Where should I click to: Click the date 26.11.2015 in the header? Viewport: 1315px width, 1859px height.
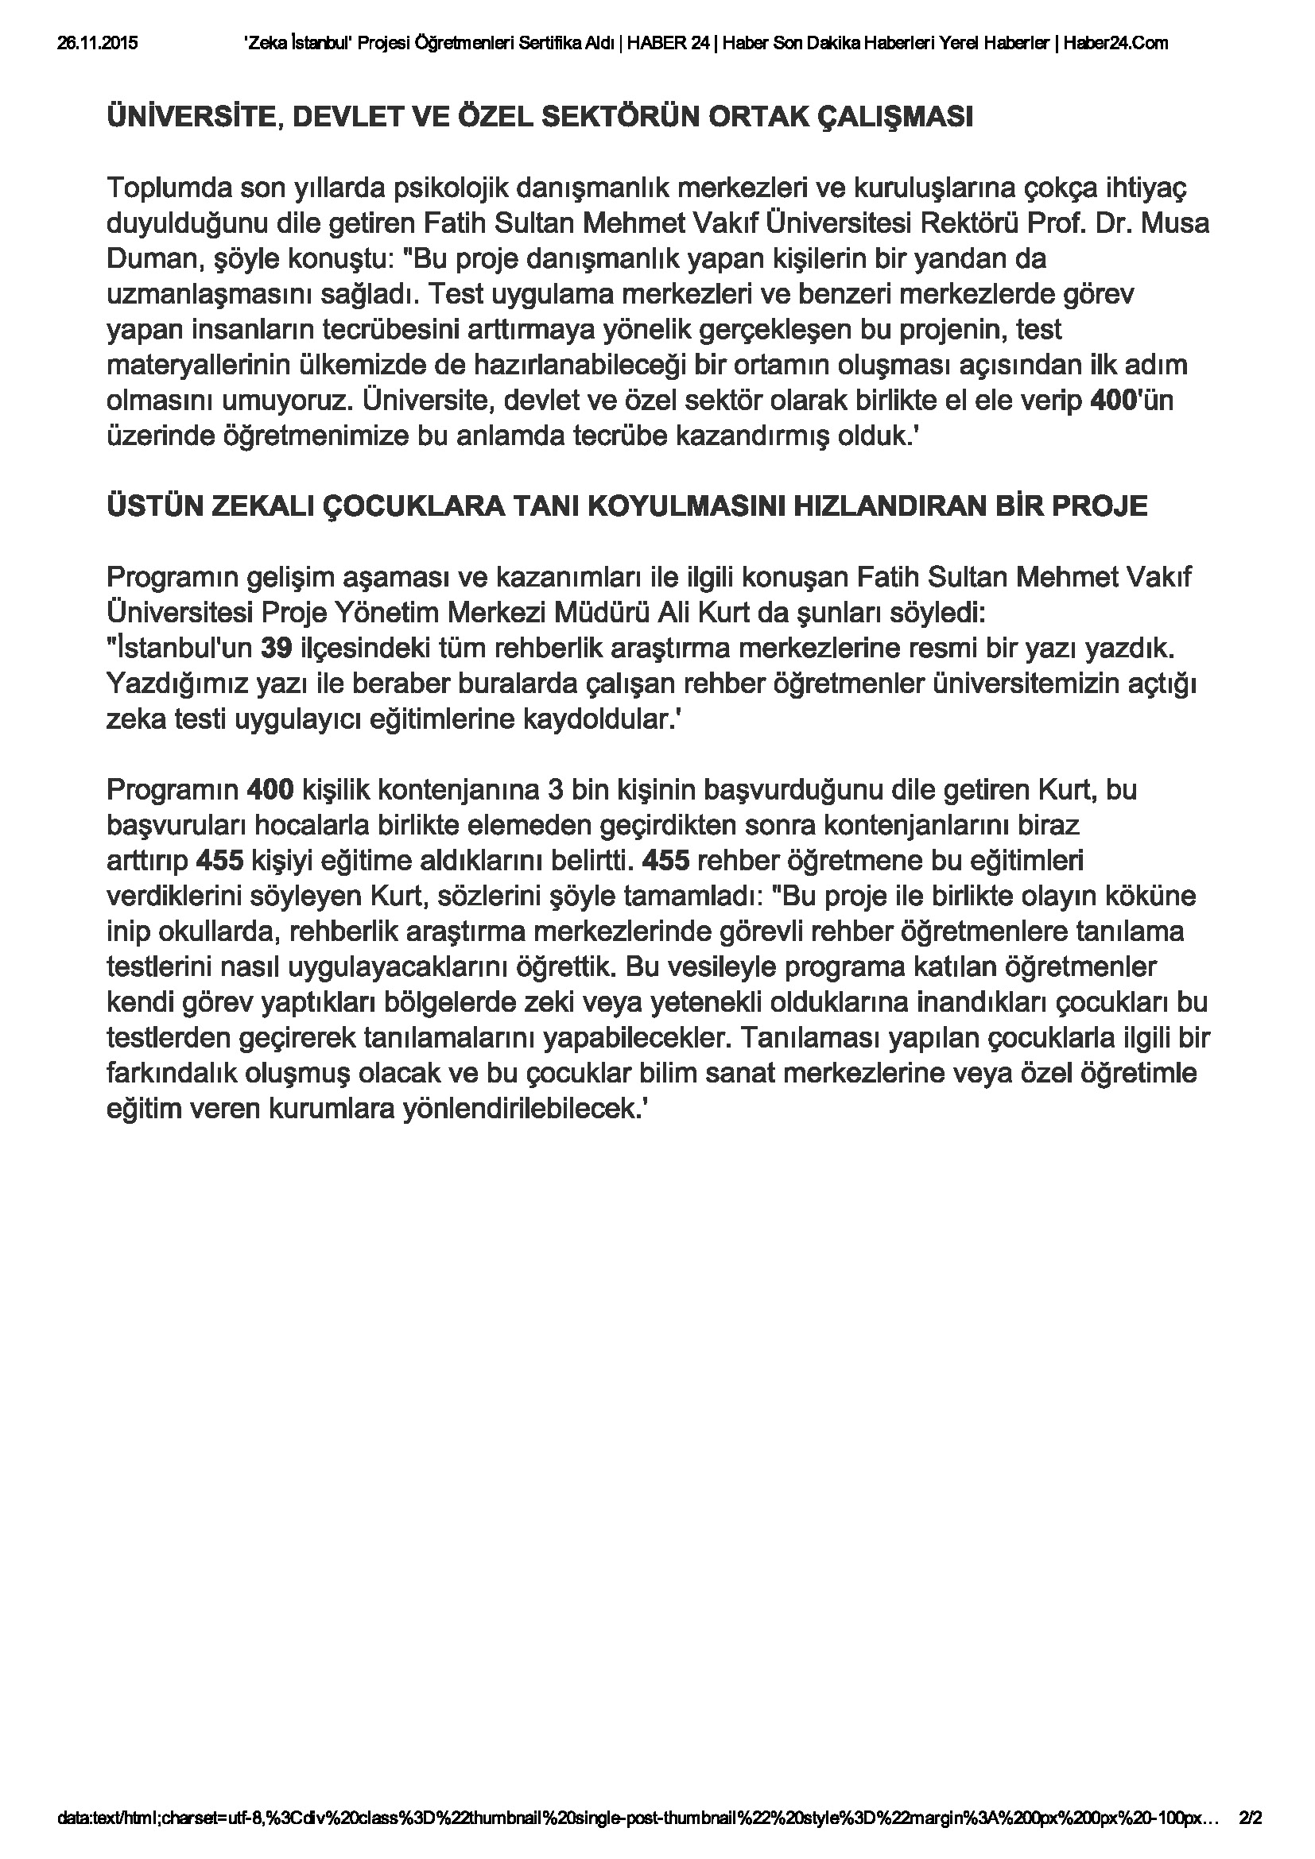[97, 44]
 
